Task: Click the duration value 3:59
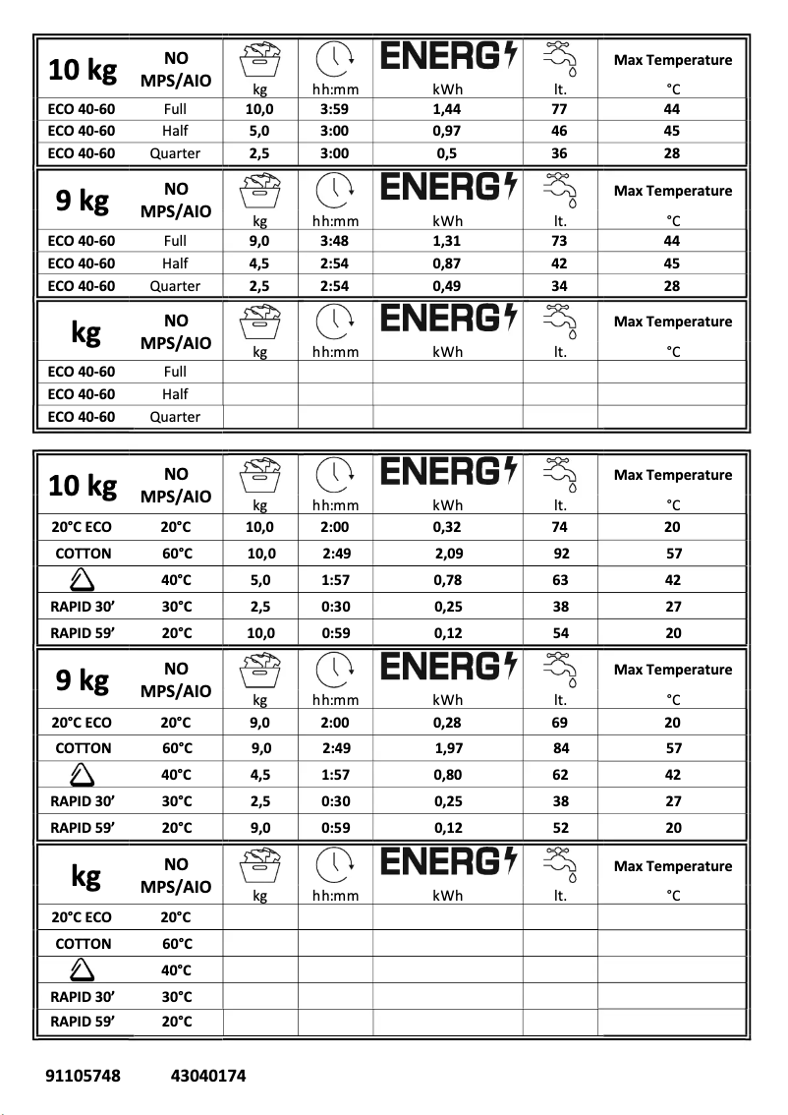click(x=336, y=109)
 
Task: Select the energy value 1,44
click(x=447, y=109)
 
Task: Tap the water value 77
click(x=560, y=109)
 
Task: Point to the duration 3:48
click(x=336, y=241)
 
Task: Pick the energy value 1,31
click(x=447, y=241)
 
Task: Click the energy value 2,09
click(x=449, y=554)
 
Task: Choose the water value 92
click(x=561, y=554)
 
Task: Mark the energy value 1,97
click(x=449, y=748)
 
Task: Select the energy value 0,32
click(x=447, y=527)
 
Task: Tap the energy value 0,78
click(x=447, y=580)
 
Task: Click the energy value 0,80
click(x=447, y=775)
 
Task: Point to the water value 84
click(x=561, y=748)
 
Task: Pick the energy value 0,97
click(x=447, y=131)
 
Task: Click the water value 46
click(x=560, y=131)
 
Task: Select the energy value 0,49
click(x=447, y=286)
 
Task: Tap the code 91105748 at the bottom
click(x=84, y=1076)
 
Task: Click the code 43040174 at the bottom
click(x=208, y=1076)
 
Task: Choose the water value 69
click(x=560, y=722)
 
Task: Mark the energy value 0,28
click(x=447, y=722)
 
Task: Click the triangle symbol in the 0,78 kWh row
click(x=84, y=580)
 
